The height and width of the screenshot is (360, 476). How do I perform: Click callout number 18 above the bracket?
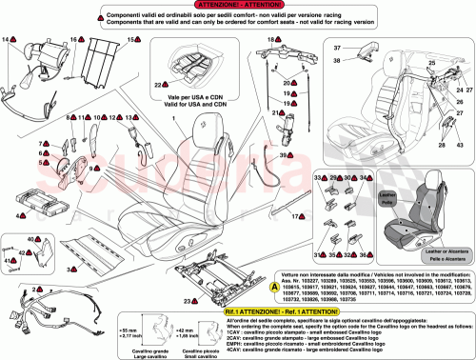[x=270, y=39]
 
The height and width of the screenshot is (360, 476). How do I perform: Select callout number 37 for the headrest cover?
[x=336, y=47]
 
